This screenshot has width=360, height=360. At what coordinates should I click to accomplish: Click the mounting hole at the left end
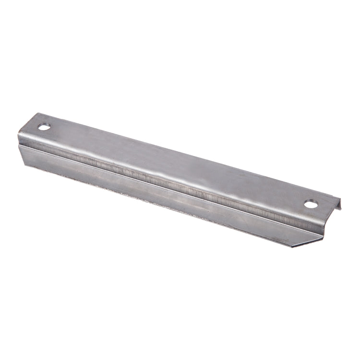[44, 128]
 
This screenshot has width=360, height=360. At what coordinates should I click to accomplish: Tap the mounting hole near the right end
[311, 205]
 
